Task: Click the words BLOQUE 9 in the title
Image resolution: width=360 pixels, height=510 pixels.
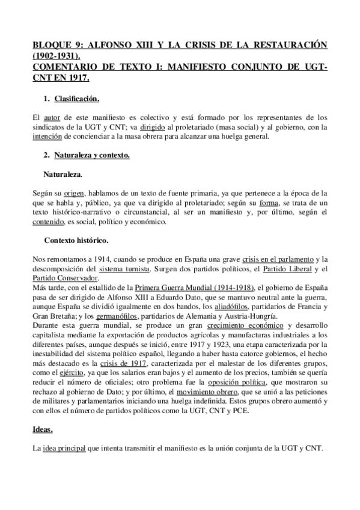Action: tap(53, 46)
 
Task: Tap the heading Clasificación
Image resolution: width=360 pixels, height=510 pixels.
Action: tap(77, 98)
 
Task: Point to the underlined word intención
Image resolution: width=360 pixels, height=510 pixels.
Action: tap(46, 137)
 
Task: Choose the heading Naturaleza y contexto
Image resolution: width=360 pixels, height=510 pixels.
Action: tap(91, 156)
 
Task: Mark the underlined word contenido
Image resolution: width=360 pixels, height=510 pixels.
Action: tap(47, 222)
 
